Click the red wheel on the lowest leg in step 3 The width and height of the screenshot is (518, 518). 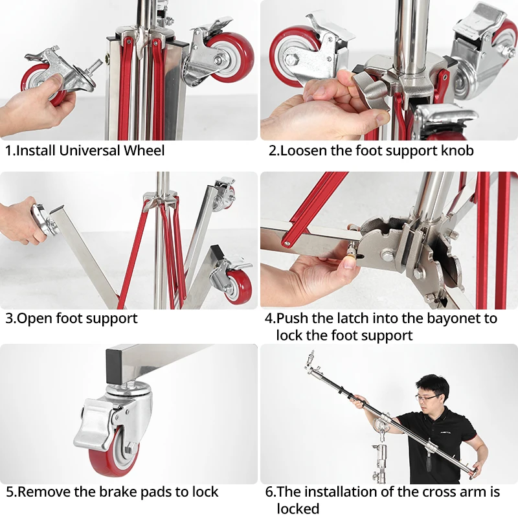[238, 287]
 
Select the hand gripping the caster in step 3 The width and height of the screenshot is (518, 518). [21, 220]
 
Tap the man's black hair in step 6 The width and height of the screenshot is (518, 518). [432, 384]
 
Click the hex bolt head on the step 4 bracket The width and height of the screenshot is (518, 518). [387, 255]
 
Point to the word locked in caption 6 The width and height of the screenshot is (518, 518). [298, 509]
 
